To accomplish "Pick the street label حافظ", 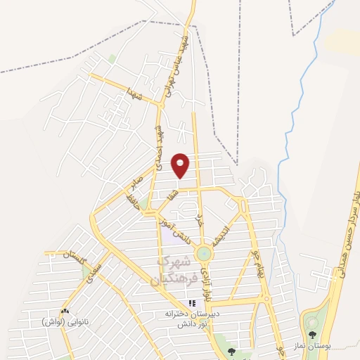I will click(x=131, y=203).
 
